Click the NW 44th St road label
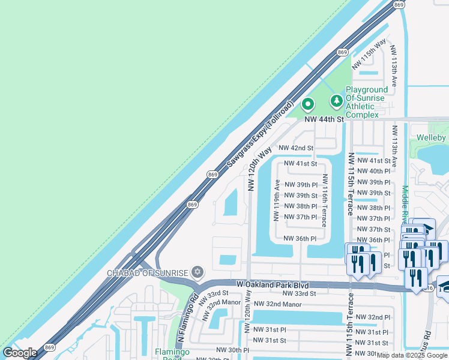(x=324, y=119)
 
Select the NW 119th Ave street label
(x=277, y=200)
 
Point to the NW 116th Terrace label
(x=325, y=200)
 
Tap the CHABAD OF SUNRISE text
(x=147, y=273)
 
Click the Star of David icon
(x=196, y=273)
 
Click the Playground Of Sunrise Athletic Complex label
(x=366, y=102)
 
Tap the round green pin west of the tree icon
(x=308, y=104)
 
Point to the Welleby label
(x=432, y=138)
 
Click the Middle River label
(x=405, y=204)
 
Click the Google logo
(x=20, y=353)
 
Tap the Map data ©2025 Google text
(x=412, y=355)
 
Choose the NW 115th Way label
(x=369, y=53)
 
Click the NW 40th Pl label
(x=373, y=171)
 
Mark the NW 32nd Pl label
(x=373, y=317)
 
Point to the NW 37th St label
(x=373, y=229)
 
